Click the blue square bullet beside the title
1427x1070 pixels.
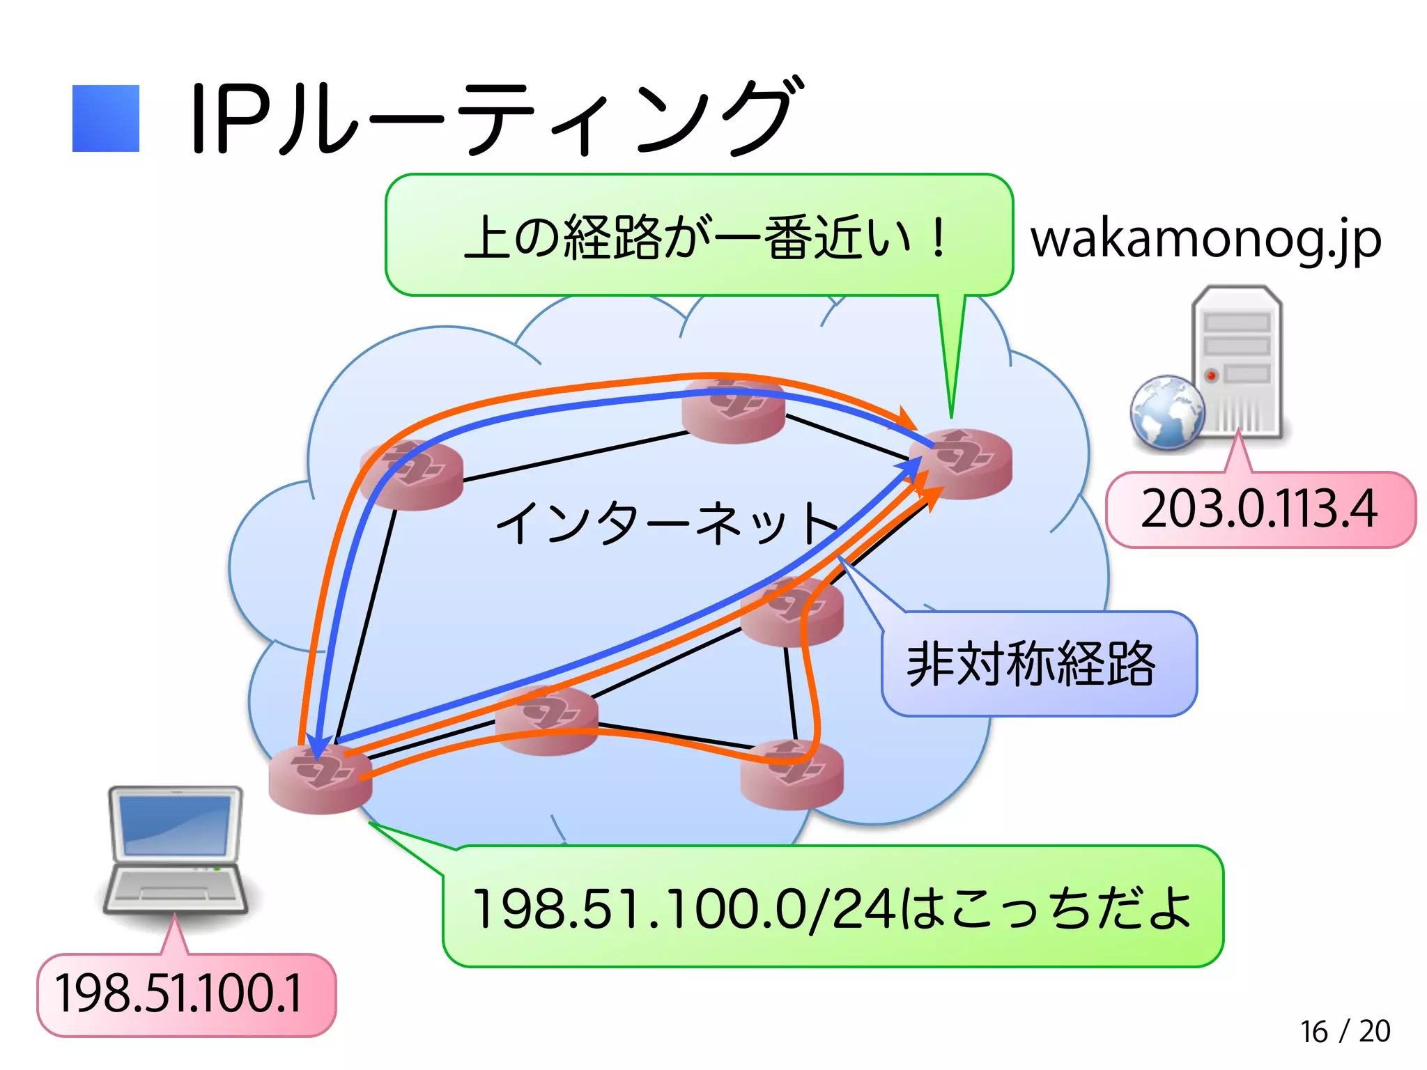tap(106, 118)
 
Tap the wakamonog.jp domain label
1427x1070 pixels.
tap(1205, 240)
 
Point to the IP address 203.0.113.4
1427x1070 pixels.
tap(1260, 509)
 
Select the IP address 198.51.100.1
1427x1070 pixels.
tap(180, 994)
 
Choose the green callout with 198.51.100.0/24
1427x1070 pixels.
tap(832, 907)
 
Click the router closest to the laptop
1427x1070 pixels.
tap(321, 779)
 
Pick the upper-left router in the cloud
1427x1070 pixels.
tap(411, 475)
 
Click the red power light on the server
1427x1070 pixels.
tap(1212, 375)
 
